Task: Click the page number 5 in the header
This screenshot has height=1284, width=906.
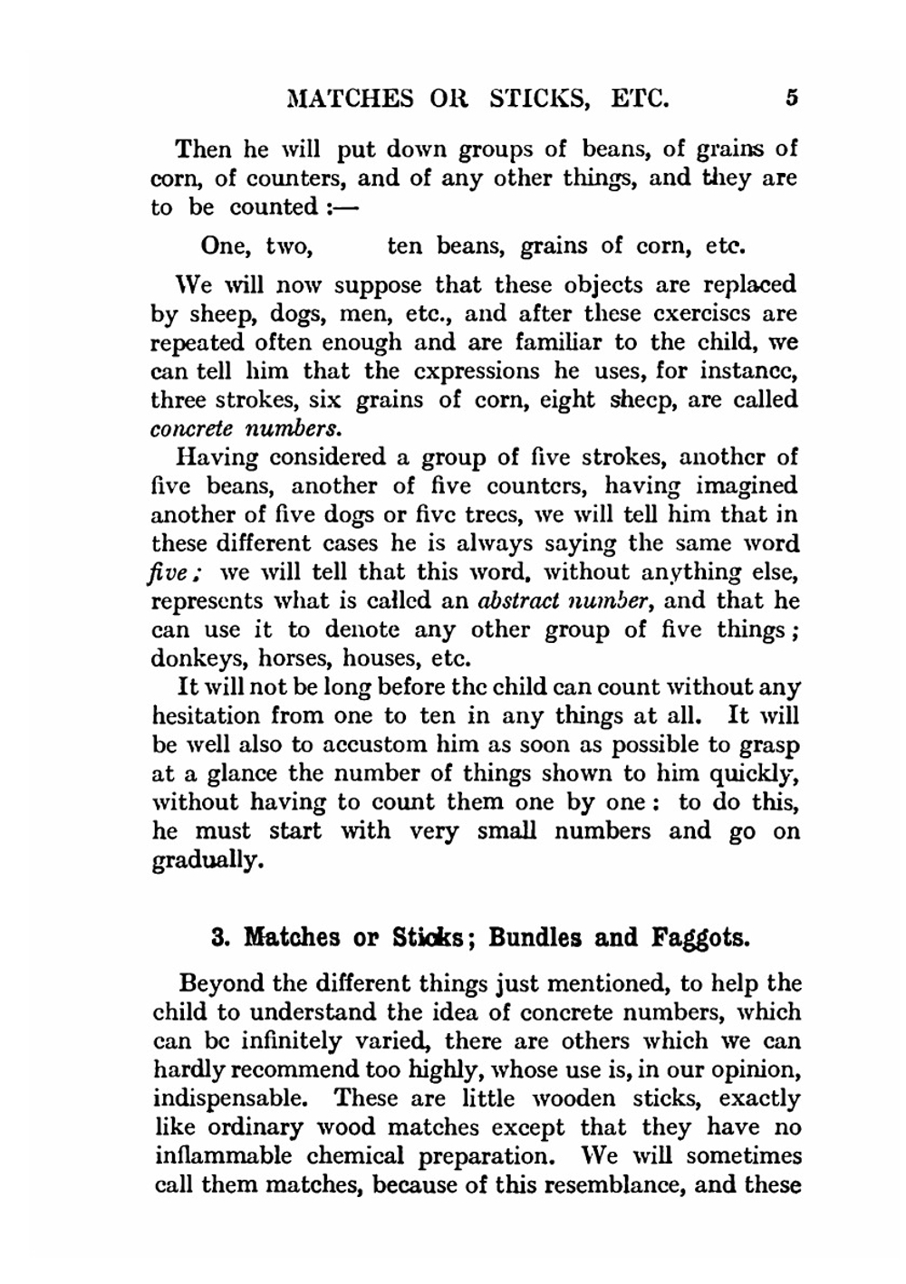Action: coord(791,97)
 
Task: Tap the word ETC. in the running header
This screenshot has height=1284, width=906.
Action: coord(640,98)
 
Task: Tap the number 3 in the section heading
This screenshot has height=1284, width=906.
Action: coord(217,936)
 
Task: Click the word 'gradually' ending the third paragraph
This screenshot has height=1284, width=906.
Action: coord(207,860)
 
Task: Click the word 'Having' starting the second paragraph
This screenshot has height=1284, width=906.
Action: coord(218,457)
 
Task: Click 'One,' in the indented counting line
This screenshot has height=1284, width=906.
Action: coord(226,246)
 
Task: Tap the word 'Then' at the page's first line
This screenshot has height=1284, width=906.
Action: coord(204,149)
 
